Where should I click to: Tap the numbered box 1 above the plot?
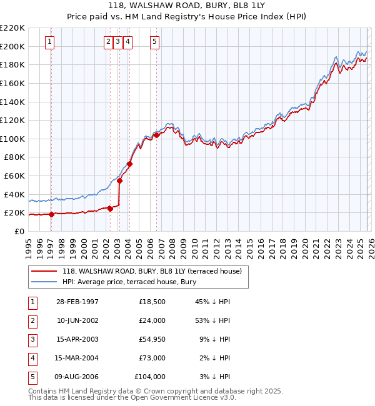click(50, 42)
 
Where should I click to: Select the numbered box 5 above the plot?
click(154, 42)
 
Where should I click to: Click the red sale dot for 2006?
click(156, 135)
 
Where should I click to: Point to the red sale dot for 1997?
click(51, 214)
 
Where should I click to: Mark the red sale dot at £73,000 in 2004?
click(129, 164)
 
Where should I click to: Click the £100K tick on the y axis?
click(12, 139)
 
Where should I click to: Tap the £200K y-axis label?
click(12, 46)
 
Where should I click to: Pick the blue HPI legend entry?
click(129, 282)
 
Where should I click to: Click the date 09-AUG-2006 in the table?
click(77, 377)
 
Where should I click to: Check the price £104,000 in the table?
click(150, 377)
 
